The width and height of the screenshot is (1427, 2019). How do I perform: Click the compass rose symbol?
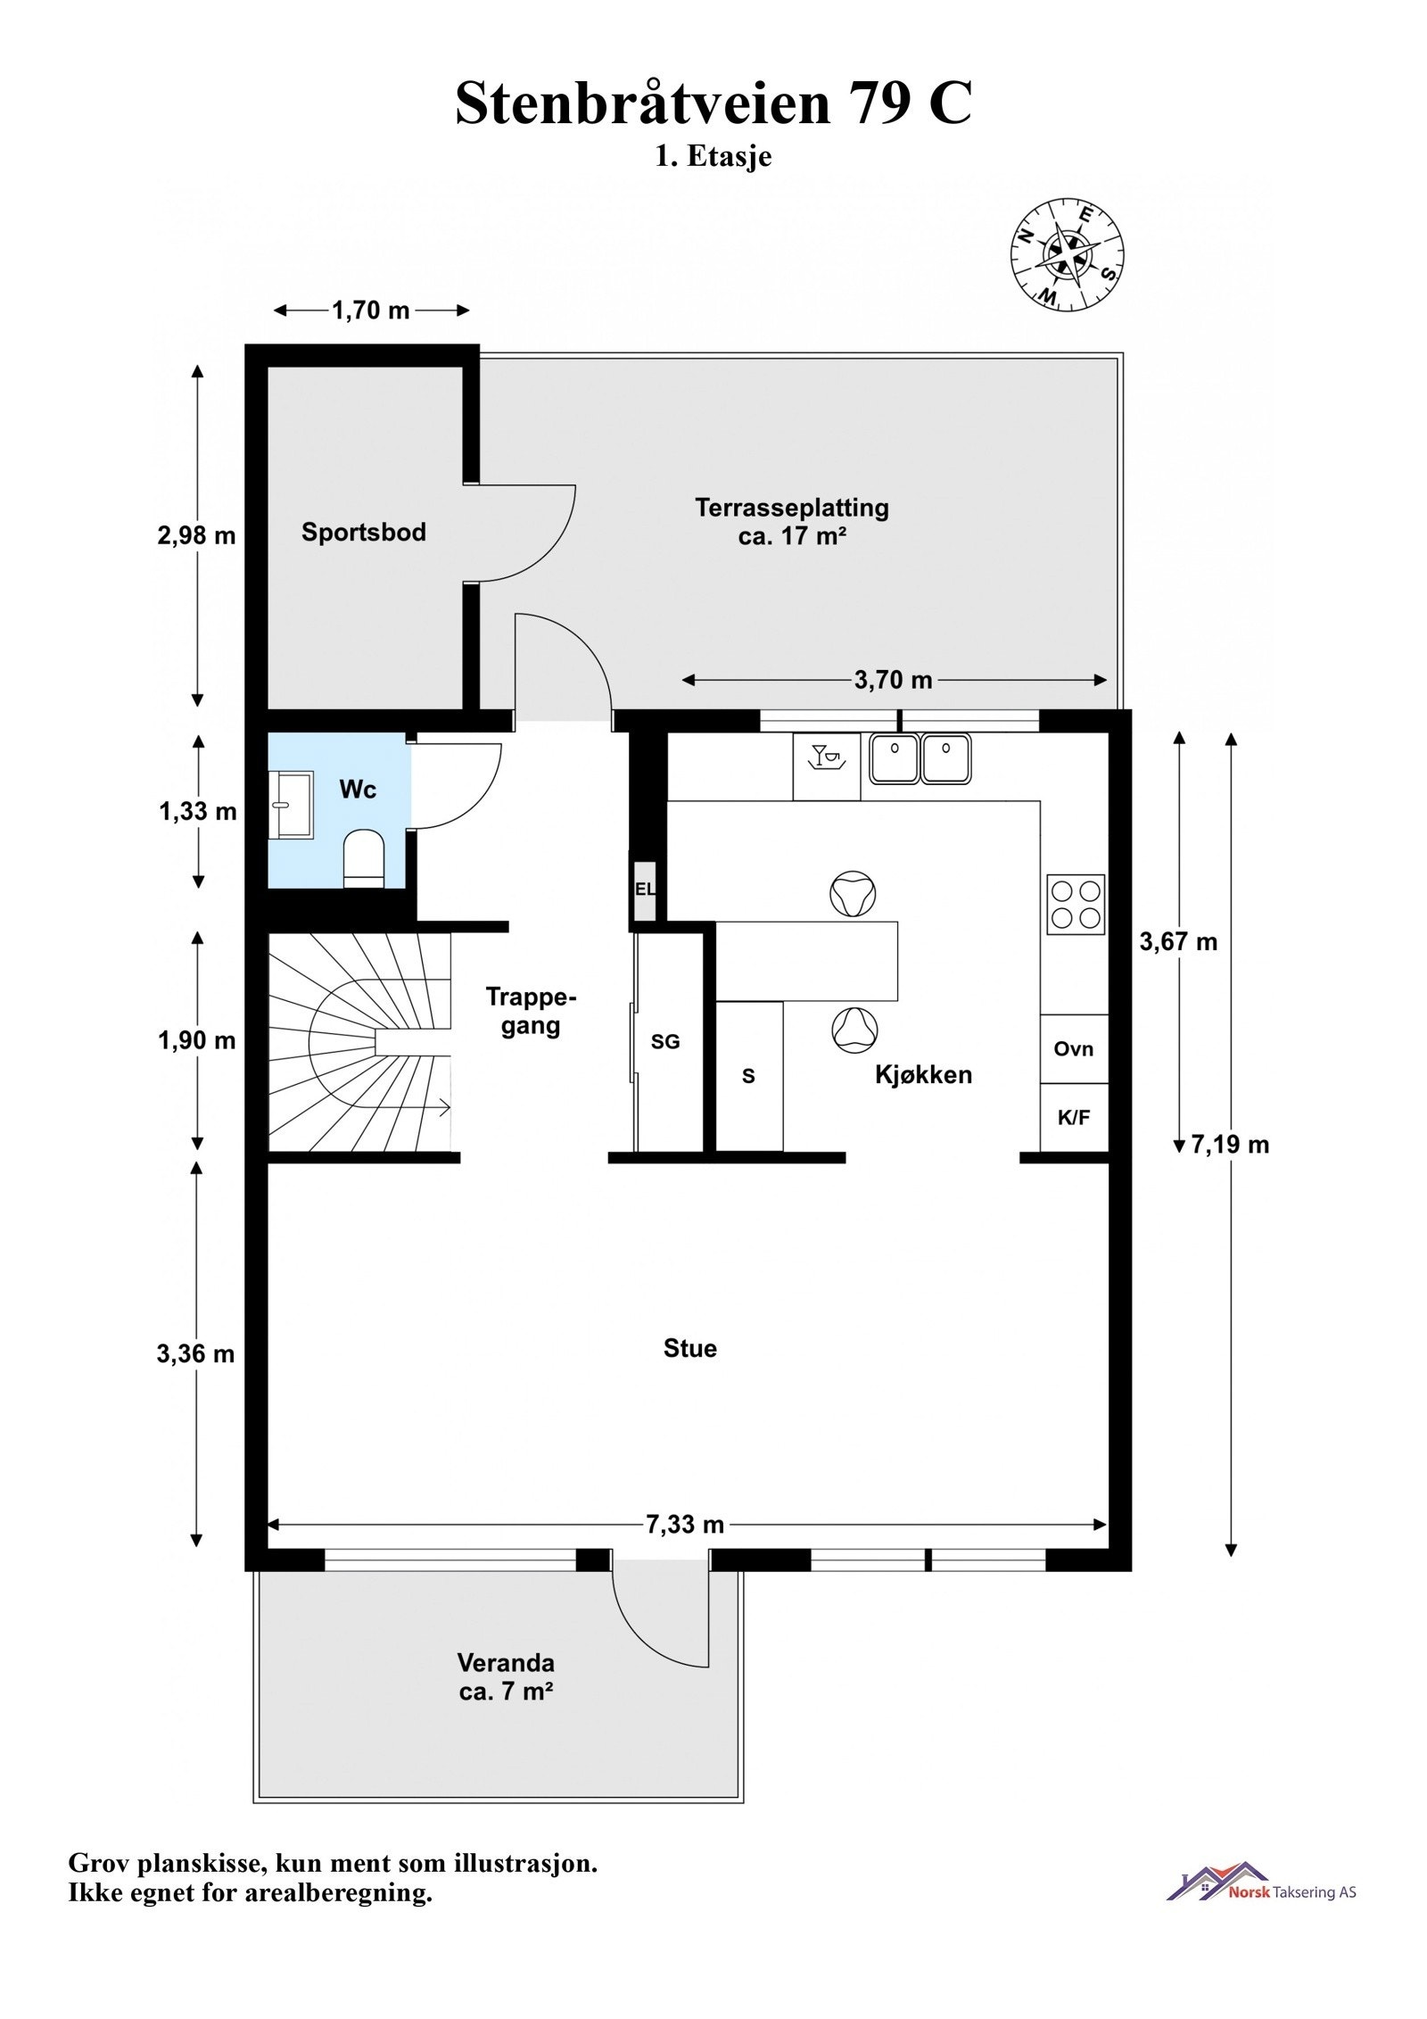click(x=1067, y=254)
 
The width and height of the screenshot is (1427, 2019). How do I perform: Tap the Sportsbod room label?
click(x=363, y=533)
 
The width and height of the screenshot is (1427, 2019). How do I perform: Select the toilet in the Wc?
click(x=363, y=859)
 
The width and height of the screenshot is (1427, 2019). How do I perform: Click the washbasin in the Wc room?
click(x=292, y=806)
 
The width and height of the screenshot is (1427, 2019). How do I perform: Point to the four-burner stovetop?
click(x=1076, y=905)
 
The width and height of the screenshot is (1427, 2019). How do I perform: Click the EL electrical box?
click(x=644, y=890)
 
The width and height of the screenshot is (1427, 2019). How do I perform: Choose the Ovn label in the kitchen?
click(x=1073, y=1049)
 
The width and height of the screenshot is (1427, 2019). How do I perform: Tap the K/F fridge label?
click(x=1073, y=1117)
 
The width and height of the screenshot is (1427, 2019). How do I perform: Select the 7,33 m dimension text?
click(x=684, y=1524)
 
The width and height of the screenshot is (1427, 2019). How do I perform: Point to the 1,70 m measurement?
click(x=371, y=310)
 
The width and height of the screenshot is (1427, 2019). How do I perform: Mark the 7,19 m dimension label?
click(x=1230, y=1145)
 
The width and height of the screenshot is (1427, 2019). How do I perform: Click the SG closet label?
click(x=665, y=1041)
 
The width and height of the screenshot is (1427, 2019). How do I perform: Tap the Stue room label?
click(x=689, y=1348)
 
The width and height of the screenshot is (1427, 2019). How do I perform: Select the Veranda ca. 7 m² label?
click(x=506, y=1677)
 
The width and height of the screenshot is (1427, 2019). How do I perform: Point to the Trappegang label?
click(x=531, y=1010)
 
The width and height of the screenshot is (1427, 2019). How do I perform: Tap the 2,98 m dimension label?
click(x=197, y=535)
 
